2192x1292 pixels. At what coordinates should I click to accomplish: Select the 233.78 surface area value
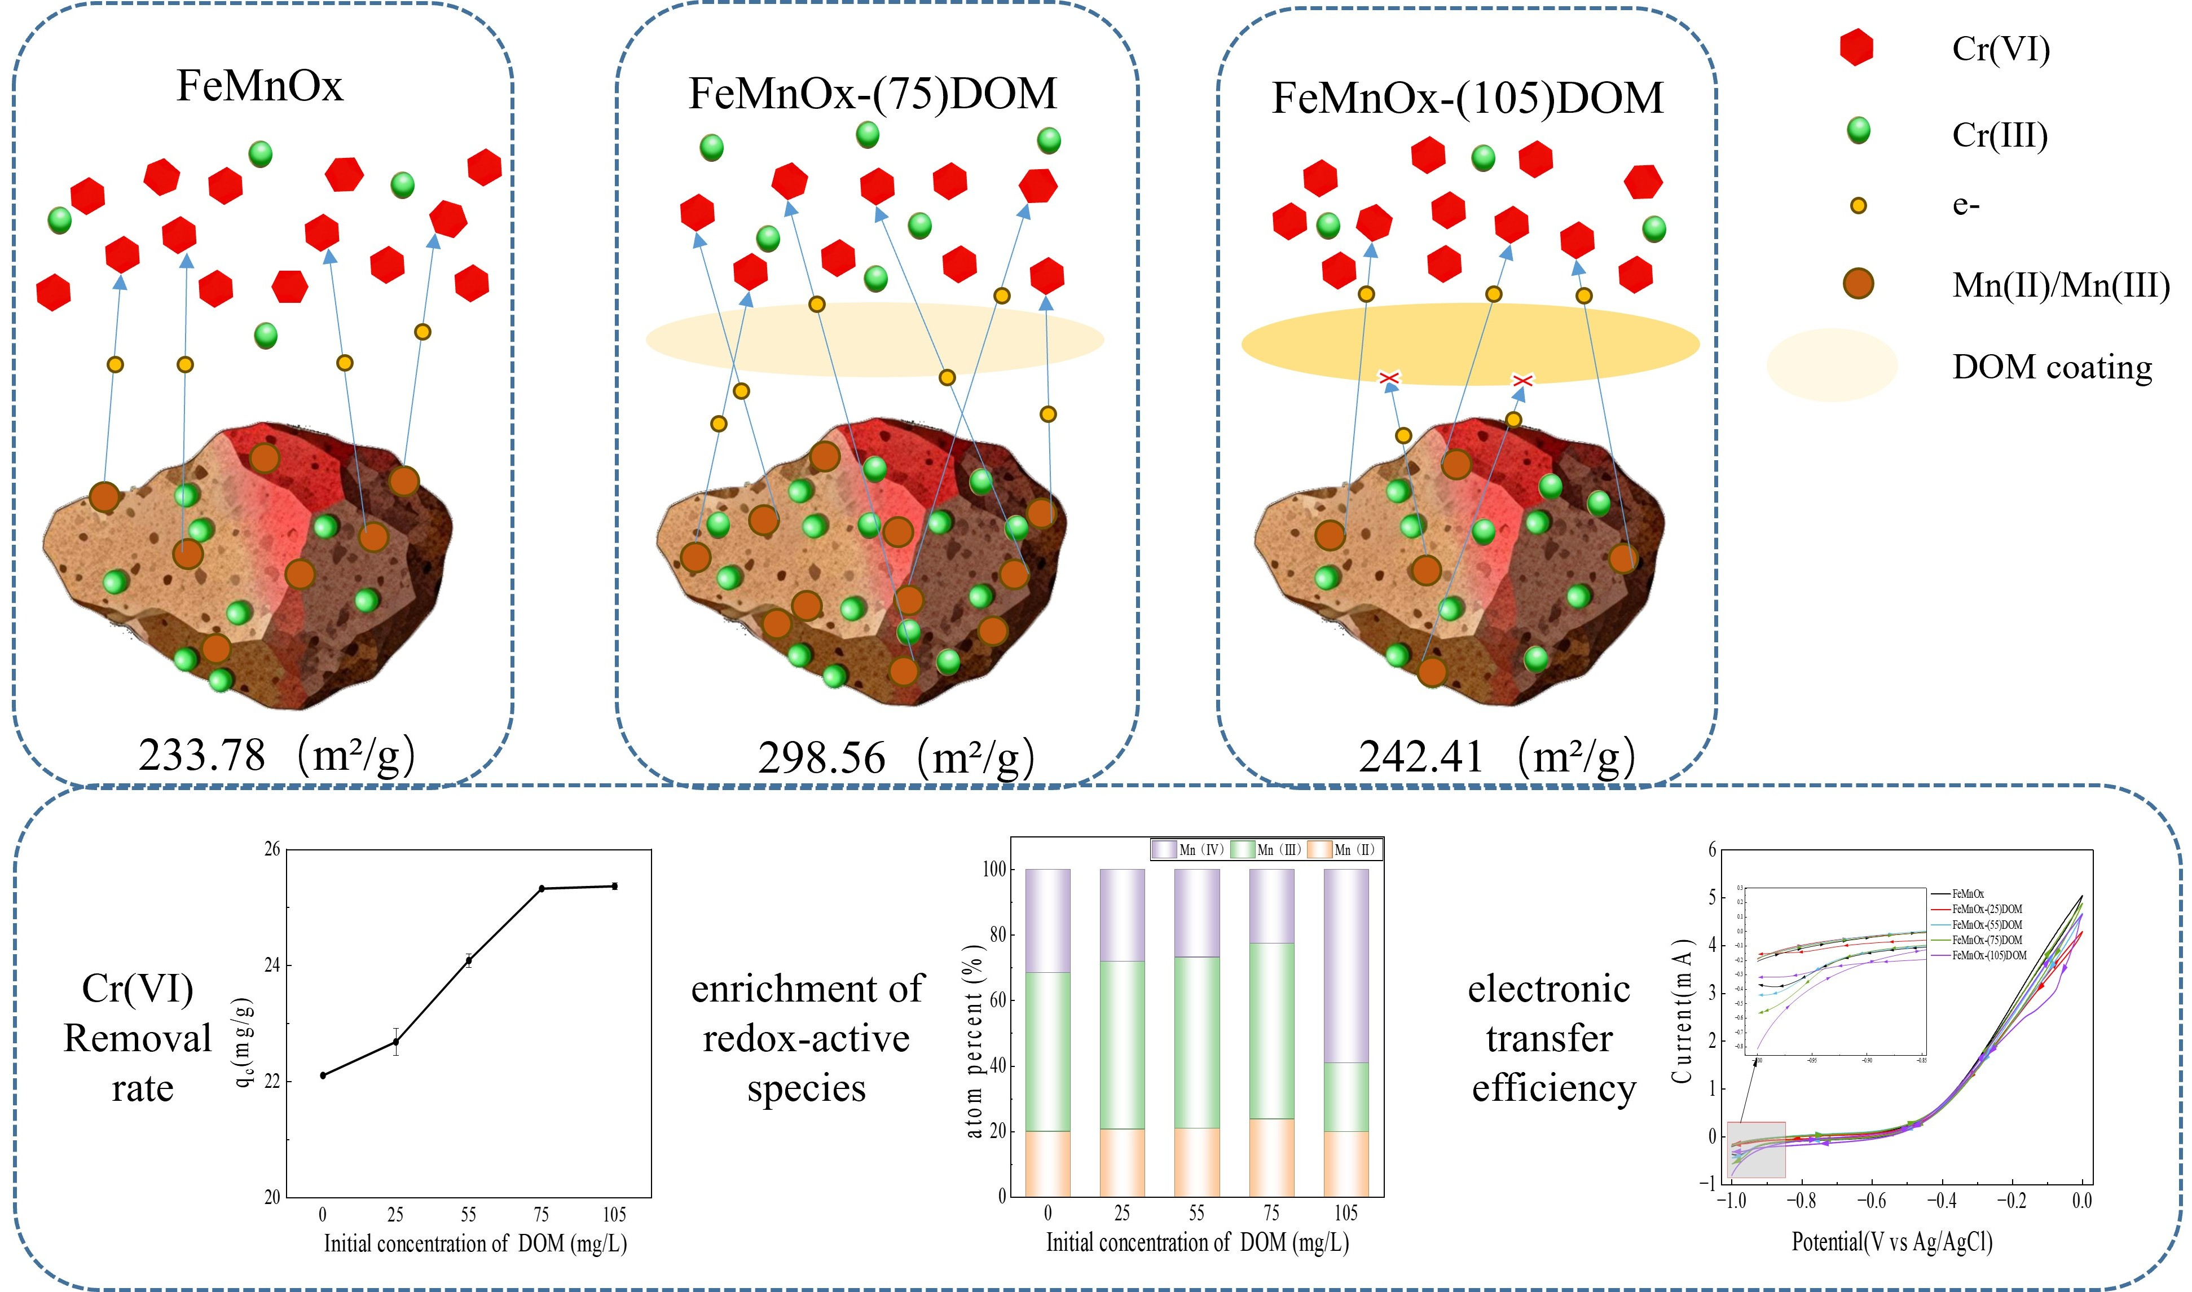coord(202,755)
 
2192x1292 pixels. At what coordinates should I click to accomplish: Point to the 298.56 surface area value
coord(822,757)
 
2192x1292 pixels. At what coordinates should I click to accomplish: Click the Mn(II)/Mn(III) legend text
coord(2061,285)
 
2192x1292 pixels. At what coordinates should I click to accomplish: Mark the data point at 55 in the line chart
coord(469,960)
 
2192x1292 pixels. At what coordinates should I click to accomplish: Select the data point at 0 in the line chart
coord(323,1075)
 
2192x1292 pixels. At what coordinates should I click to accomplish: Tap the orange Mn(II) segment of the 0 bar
coord(1048,1163)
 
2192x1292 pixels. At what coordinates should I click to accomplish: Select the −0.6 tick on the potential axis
coord(1871,1201)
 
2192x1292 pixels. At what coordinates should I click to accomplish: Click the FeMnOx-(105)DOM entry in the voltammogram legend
coord(1988,955)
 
